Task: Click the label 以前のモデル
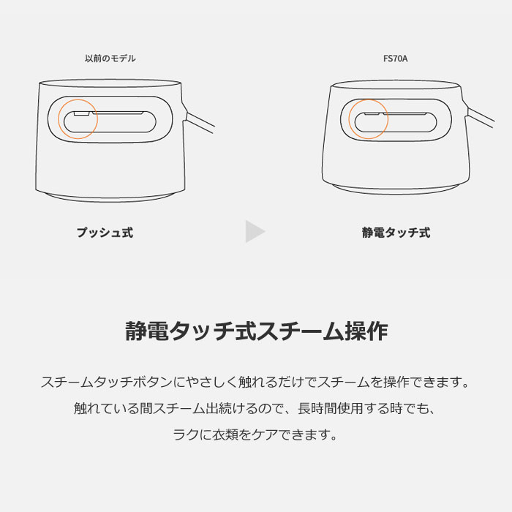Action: (x=110, y=59)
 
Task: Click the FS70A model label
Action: (x=396, y=59)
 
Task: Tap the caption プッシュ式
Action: (x=105, y=233)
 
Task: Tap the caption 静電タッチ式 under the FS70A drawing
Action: (x=396, y=233)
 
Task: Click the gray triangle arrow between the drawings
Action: (x=254, y=232)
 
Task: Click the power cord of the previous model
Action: (x=200, y=121)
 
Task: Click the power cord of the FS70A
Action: (x=481, y=116)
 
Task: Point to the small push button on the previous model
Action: (x=81, y=113)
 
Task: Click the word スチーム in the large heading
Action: (x=301, y=331)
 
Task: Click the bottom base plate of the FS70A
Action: (x=396, y=190)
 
